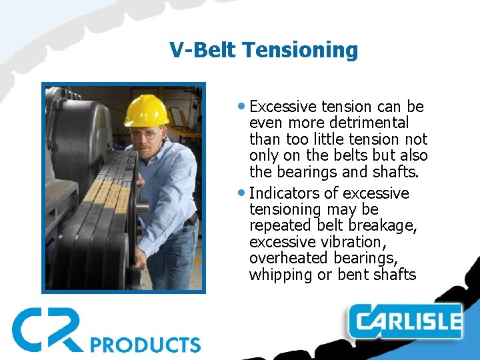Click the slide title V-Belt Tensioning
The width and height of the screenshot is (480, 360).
[x=263, y=50]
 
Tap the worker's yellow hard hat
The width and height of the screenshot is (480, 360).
[x=147, y=111]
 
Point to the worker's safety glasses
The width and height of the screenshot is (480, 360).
[x=145, y=134]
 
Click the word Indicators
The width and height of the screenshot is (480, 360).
[x=286, y=193]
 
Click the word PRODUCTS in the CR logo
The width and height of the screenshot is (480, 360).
[x=145, y=344]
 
